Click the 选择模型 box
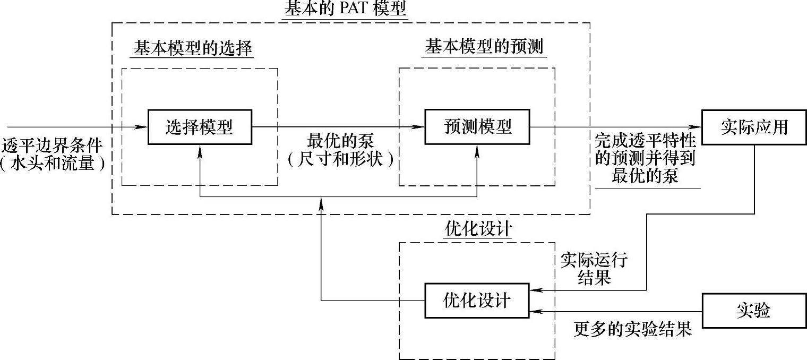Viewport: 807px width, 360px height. [200, 127]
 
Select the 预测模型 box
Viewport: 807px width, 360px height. [477, 127]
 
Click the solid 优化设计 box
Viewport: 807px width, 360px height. [476, 301]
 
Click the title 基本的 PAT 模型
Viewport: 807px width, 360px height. [346, 9]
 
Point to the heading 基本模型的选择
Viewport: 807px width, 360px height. [192, 49]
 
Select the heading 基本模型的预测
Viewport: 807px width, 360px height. [484, 48]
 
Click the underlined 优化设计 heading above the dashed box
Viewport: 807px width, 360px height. [477, 229]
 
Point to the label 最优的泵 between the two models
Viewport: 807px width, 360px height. [341, 141]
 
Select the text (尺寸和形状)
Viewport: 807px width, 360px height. [341, 159]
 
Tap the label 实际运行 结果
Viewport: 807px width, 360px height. [594, 269]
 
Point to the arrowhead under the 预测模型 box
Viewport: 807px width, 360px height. [477, 150]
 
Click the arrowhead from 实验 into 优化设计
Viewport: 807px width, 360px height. [536, 311]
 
